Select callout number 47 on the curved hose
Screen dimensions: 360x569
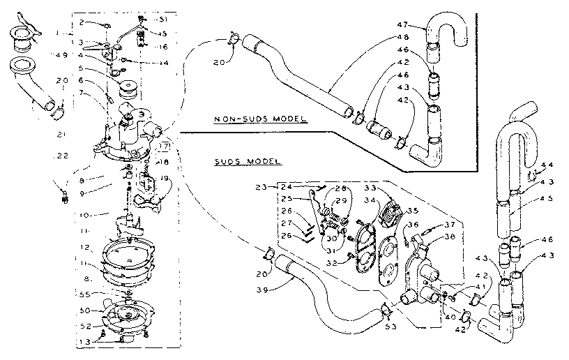point(409,24)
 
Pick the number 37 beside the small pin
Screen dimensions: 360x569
point(450,225)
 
